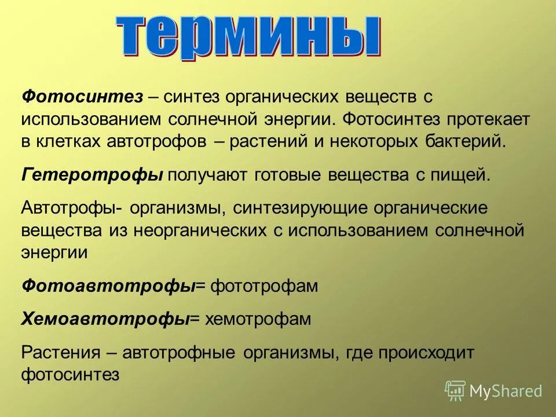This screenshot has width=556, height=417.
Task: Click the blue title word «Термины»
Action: (x=249, y=36)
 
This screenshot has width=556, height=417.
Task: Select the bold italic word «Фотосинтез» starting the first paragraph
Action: (x=82, y=97)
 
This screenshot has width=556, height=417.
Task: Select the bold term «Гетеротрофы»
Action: (x=92, y=175)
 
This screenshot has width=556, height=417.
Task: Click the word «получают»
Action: (x=208, y=175)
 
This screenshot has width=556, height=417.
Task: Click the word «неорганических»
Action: (x=199, y=231)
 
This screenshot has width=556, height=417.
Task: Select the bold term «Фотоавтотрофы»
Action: (x=108, y=286)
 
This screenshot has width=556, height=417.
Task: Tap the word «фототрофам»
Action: (x=264, y=286)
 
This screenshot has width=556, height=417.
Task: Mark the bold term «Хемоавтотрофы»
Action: (x=105, y=319)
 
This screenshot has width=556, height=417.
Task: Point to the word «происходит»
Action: (x=425, y=352)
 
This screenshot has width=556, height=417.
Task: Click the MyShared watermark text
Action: (x=506, y=391)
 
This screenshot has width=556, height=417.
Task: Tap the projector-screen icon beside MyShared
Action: (x=455, y=391)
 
